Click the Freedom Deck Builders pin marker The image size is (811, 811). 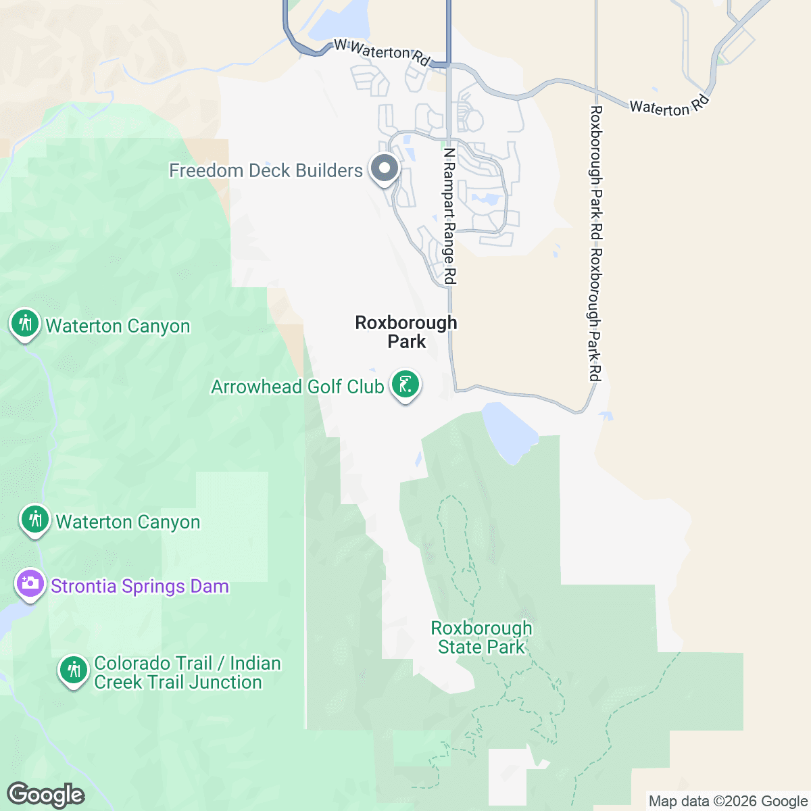385,169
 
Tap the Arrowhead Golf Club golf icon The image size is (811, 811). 405,385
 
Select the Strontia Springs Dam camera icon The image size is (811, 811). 30,584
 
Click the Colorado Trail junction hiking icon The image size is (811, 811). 73,670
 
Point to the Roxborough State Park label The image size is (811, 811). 481,638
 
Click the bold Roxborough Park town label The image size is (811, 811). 406,332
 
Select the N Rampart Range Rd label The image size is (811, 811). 449,216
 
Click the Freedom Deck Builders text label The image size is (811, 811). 266,170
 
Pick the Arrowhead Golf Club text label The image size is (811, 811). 297,387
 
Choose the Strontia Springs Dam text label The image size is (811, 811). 140,586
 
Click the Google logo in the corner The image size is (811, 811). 45,795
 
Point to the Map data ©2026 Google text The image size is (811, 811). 728,802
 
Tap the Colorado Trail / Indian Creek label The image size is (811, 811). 178,672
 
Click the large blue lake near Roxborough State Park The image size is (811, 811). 508,433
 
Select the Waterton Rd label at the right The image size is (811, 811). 669,105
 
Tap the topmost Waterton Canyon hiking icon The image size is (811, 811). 25,324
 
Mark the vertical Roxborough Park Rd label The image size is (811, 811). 595,243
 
